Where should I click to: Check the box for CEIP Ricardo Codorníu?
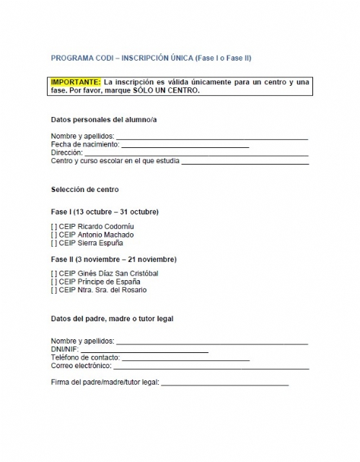pyautogui.click(x=54, y=227)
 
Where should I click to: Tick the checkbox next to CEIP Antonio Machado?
pyautogui.click(x=54, y=235)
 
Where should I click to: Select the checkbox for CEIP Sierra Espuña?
pyautogui.click(x=54, y=243)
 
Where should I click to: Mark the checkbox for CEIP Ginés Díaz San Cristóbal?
pyautogui.click(x=54, y=274)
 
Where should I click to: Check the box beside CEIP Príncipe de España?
pyautogui.click(x=54, y=282)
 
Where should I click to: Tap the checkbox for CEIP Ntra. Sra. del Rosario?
pyautogui.click(x=54, y=290)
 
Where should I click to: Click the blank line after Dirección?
pyautogui.click(x=196, y=154)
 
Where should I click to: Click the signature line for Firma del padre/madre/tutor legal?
pyautogui.click(x=224, y=383)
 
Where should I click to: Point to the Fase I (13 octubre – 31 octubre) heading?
pyautogui.click(x=105, y=212)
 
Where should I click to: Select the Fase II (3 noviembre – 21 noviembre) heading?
pyautogui.click(x=113, y=259)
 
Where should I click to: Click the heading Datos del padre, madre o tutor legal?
pyautogui.click(x=112, y=318)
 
